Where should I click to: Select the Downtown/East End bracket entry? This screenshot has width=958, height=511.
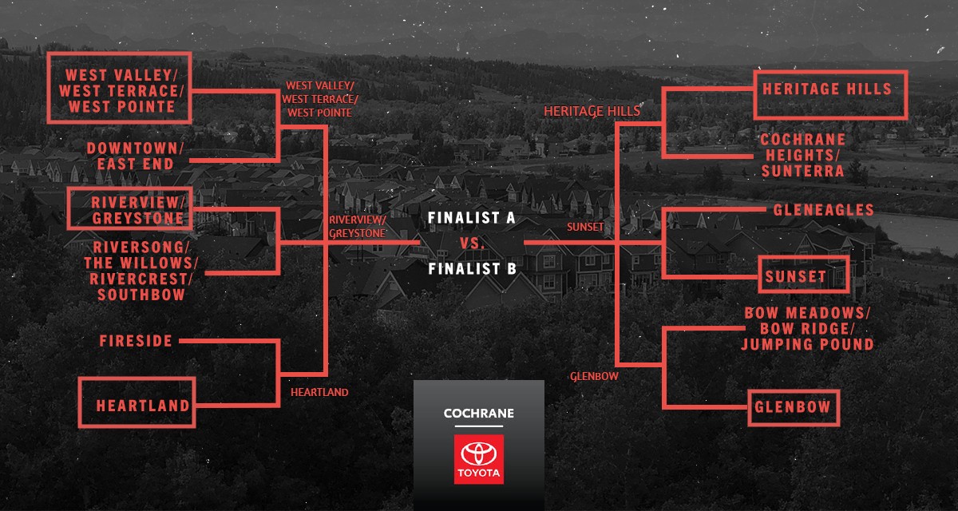pos(135,156)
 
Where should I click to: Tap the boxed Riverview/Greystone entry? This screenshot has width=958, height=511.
pos(130,208)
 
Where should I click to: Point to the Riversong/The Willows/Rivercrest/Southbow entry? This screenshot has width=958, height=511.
pos(141,271)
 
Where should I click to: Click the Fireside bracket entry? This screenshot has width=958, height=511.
pos(136,341)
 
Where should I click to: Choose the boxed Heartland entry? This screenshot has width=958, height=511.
pos(137,402)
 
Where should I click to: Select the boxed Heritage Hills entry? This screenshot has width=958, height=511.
pos(830,95)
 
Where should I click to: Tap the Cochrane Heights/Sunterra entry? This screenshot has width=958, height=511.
pos(803,155)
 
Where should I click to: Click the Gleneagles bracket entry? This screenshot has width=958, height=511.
pos(823,209)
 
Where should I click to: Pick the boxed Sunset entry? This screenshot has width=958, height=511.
pos(804,275)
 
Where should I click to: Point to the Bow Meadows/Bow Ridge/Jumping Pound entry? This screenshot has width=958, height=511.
pos(807,328)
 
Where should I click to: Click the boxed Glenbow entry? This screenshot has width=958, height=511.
pos(794,408)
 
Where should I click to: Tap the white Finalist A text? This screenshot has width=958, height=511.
pos(471,218)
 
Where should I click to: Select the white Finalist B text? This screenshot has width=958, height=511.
pos(472,268)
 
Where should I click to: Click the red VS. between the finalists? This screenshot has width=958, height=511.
pos(472,244)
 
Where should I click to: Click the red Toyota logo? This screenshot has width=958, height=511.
pos(478,459)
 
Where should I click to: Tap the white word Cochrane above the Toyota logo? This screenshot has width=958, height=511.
pos(478,413)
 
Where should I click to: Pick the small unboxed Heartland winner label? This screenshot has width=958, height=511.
pos(319,392)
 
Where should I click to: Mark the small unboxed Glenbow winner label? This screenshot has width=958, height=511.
pos(594,376)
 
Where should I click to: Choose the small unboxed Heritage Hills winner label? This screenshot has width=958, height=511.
pos(592,111)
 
